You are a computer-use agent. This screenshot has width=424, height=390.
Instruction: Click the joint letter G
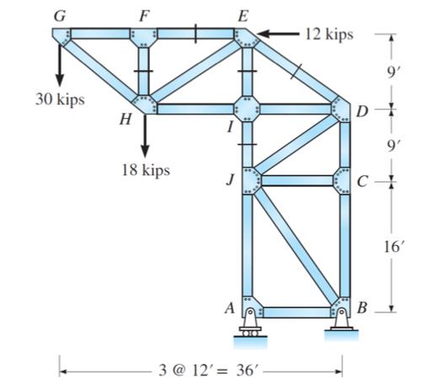pyautogui.click(x=58, y=15)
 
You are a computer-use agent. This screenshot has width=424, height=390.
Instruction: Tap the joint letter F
pyautogui.click(x=145, y=14)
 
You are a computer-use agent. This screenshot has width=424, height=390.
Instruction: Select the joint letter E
pyautogui.click(x=244, y=14)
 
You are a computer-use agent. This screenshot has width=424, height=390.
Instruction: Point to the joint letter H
pyautogui.click(x=126, y=119)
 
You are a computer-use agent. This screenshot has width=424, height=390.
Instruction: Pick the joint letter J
pyautogui.click(x=229, y=179)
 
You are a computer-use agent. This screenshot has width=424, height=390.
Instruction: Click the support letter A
pyautogui.click(x=228, y=308)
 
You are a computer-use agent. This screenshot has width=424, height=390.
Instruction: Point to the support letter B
pyautogui.click(x=363, y=308)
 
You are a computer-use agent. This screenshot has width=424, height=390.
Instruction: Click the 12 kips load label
pyautogui.click(x=330, y=35)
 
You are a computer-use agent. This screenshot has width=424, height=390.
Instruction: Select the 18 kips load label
pyautogui.click(x=144, y=170)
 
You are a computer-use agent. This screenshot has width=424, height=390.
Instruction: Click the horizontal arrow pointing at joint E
pyautogui.click(x=278, y=35)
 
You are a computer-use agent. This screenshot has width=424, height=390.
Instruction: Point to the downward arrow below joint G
pyautogui.click(x=61, y=63)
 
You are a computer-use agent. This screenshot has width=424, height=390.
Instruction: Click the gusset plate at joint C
pyautogui.click(x=343, y=180)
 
